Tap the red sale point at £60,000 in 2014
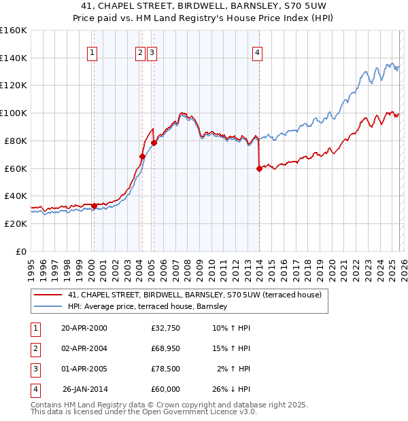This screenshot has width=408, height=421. tap(259, 168)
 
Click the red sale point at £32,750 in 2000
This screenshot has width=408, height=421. tap(94, 206)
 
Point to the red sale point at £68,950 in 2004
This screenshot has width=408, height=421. tap(142, 156)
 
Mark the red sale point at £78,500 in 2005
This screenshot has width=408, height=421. tap(154, 143)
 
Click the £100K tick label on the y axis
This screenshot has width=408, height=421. tap(14, 113)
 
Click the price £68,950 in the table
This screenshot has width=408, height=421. tap(166, 348)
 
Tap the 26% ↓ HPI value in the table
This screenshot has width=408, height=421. tap(232, 389)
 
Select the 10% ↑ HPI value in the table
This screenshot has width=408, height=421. tap(232, 328)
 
